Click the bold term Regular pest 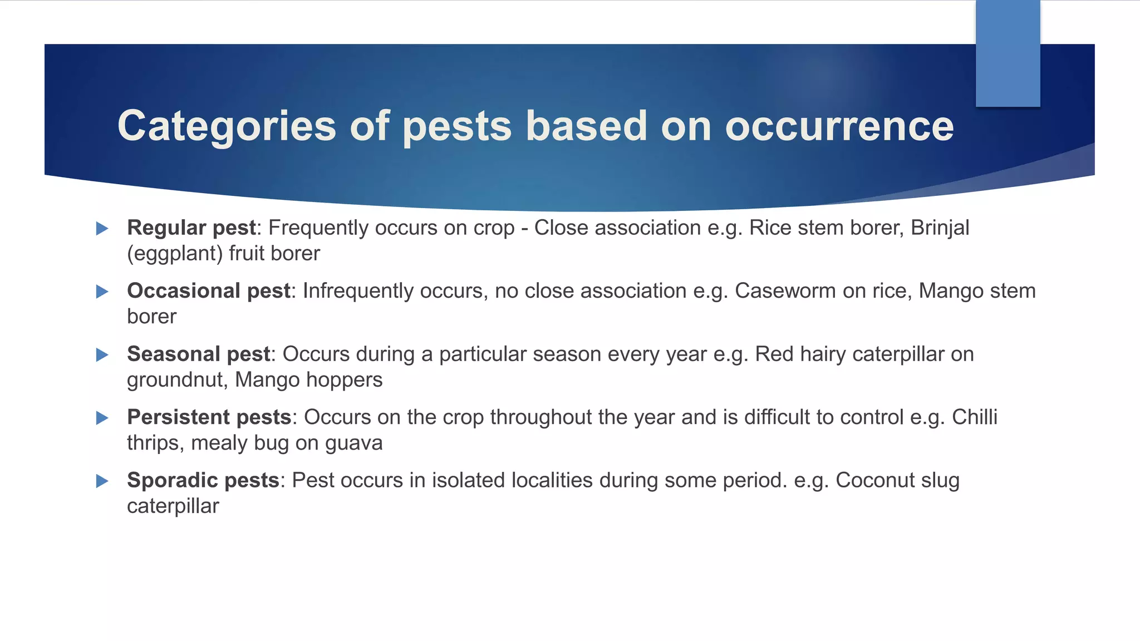click(191, 228)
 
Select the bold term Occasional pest click(209, 291)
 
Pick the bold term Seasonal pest click(199, 354)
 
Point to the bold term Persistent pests click(209, 417)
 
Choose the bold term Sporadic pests click(203, 481)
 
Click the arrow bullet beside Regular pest click(102, 229)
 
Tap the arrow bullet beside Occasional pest click(102, 292)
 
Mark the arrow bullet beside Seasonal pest click(102, 355)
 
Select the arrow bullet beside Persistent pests click(102, 418)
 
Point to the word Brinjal click(940, 228)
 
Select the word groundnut click(178, 380)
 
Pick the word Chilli click(975, 417)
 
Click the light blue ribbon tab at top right click(1008, 53)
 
